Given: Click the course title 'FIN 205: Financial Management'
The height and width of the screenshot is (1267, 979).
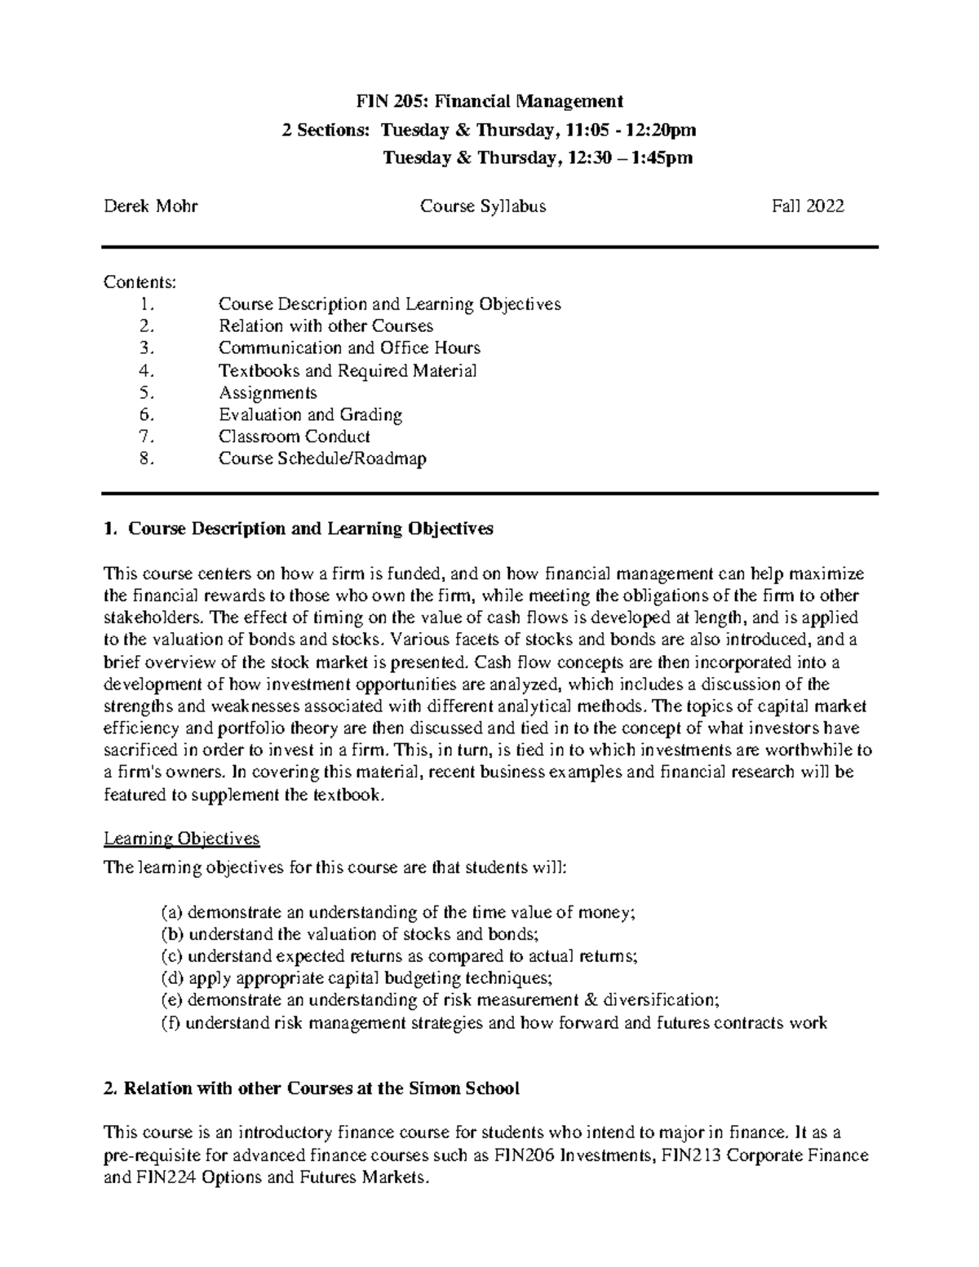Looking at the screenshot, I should pos(489,101).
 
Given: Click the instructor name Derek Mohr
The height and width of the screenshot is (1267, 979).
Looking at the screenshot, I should pos(150,206).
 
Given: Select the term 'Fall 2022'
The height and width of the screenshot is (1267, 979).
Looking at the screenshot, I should pos(808,206).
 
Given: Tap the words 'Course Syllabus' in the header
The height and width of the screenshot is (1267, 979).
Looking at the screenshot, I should pos(483,206).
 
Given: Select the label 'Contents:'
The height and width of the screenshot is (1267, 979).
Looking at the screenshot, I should pos(139,282).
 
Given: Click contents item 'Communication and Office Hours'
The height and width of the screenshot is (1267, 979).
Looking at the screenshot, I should pos(349,348).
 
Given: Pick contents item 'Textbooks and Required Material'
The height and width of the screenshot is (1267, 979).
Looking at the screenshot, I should pos(348,371).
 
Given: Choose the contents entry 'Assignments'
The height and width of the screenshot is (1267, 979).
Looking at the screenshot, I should pos(268,393).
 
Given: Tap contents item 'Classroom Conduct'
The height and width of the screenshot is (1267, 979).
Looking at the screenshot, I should pos(295,437).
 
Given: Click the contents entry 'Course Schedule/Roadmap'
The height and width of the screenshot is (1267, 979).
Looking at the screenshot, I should pos(322,459).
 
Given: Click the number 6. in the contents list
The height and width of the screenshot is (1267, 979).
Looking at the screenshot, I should pos(146,415).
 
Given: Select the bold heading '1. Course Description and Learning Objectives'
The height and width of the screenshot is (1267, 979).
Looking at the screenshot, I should pos(299,529).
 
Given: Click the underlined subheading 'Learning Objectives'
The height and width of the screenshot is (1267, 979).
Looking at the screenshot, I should pos(181,839).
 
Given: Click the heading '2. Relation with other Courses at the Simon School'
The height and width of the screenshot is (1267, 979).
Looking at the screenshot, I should pos(312,1088).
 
